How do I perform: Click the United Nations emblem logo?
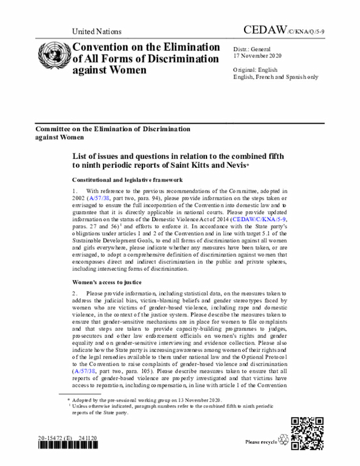(x=53, y=55)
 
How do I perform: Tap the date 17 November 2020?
(x=258, y=56)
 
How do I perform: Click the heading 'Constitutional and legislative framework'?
(x=127, y=180)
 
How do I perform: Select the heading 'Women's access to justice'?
(x=106, y=281)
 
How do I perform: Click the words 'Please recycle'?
(x=261, y=442)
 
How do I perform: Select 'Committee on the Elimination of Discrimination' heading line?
(x=113, y=129)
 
